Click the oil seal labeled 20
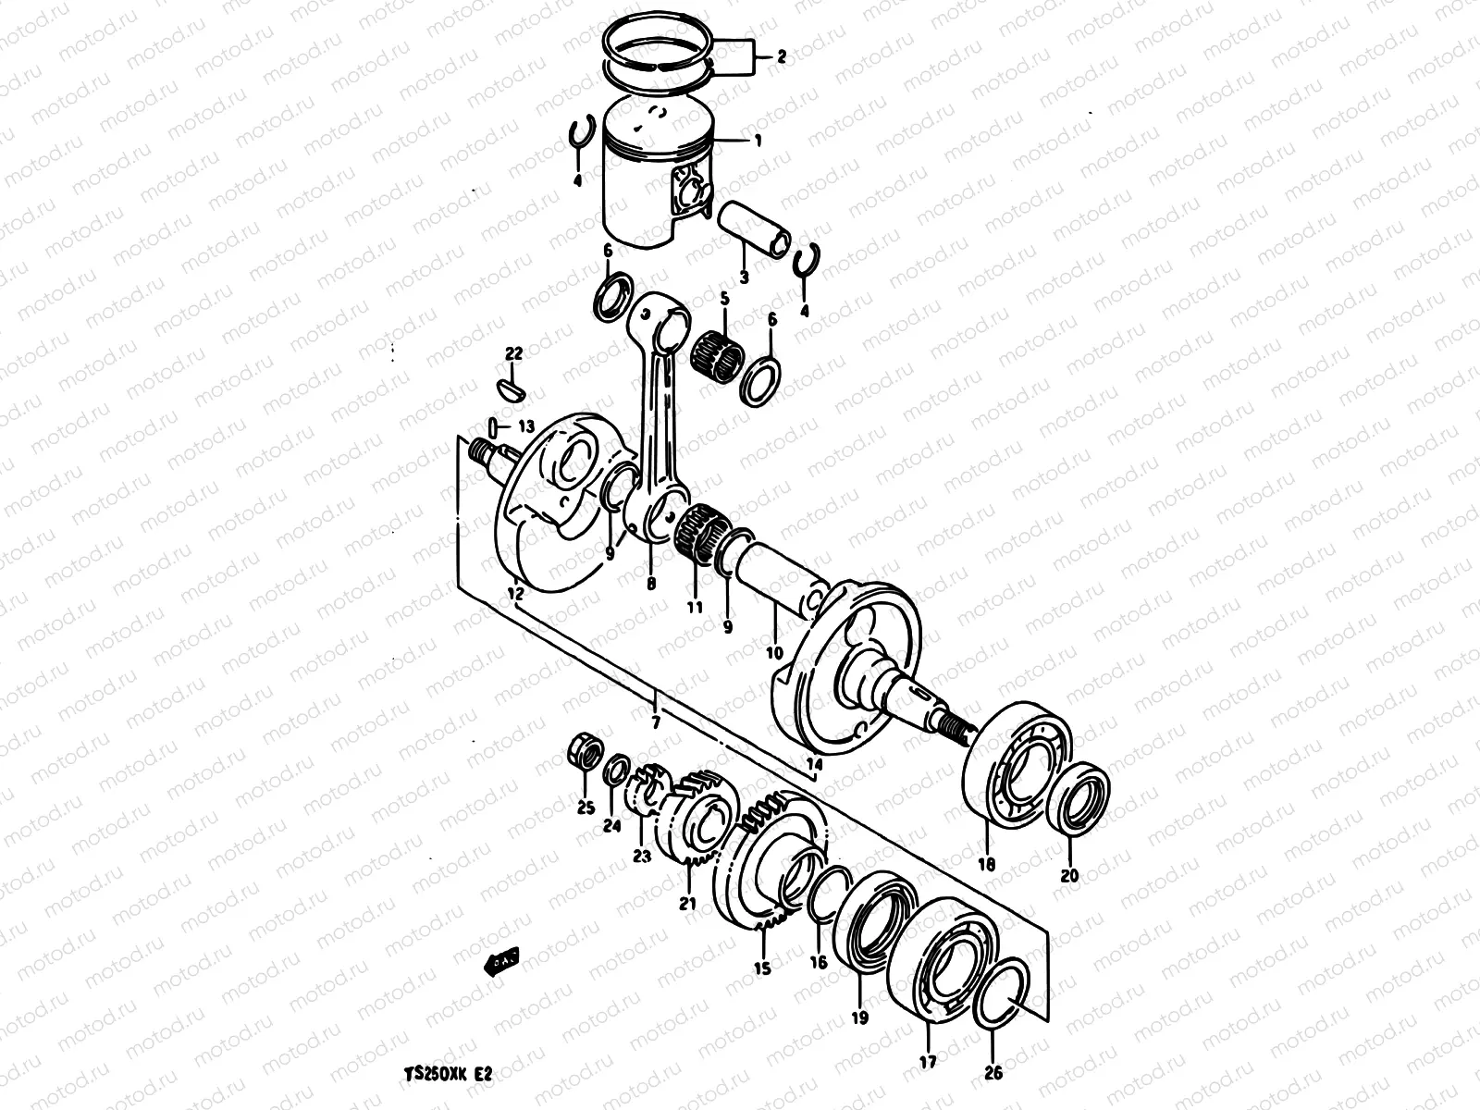(x=1079, y=795)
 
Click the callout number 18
(x=986, y=865)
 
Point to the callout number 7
(x=655, y=721)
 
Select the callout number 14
(x=814, y=764)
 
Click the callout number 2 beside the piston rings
(x=781, y=57)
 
